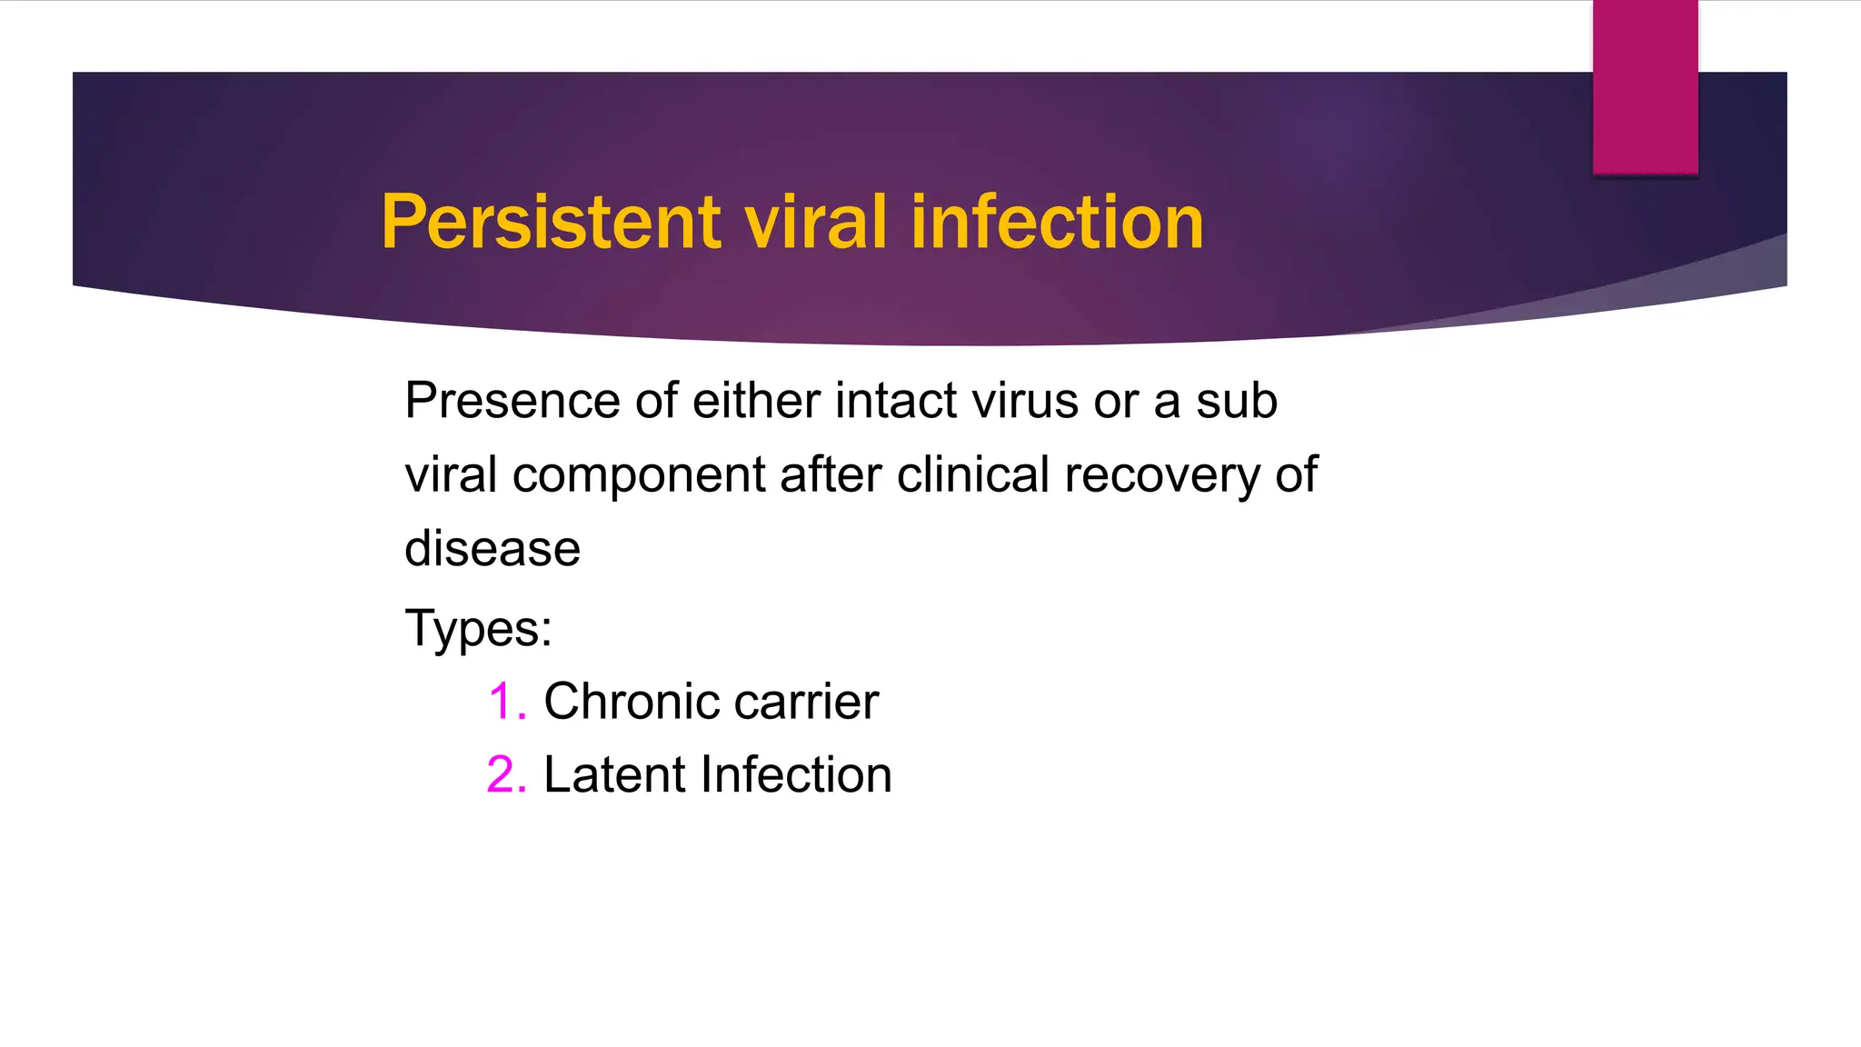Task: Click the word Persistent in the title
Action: tap(551, 222)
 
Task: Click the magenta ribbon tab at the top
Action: tap(1645, 87)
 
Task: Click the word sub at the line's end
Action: tap(1236, 401)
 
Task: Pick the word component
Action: tap(639, 476)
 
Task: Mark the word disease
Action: tap(493, 549)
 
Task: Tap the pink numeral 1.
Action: tap(504, 702)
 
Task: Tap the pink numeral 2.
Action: tap(504, 775)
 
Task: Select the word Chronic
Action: tap(631, 702)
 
